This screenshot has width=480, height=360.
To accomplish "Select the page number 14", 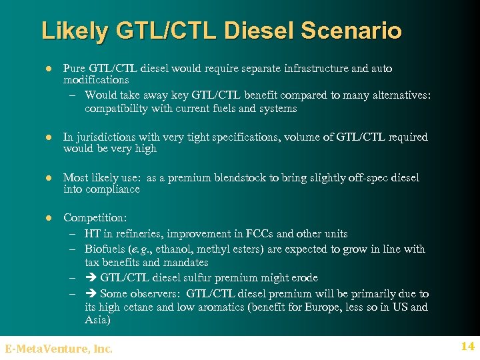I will click(x=467, y=346).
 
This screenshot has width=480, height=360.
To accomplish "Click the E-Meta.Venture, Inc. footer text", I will click(x=59, y=348).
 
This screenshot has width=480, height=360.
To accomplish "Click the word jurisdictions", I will click(x=107, y=137).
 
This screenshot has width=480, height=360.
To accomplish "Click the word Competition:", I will click(x=95, y=218).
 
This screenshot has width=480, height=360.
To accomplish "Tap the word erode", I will click(x=304, y=277).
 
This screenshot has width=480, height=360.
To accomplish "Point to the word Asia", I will click(x=97, y=320).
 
